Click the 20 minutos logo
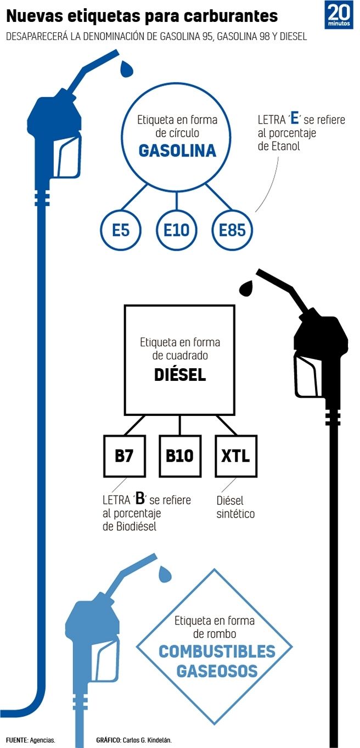tap(339, 15)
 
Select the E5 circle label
tap(120, 230)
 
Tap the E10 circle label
tap(176, 230)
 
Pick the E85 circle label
tap(232, 230)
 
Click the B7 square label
tap(125, 456)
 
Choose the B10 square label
tap(180, 456)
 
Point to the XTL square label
tap(235, 456)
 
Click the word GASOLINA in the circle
tap(177, 151)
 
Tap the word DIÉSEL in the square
tap(179, 375)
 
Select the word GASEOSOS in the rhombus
tap(217, 670)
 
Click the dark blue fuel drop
tap(127, 69)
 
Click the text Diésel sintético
tap(235, 508)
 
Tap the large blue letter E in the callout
tap(295, 119)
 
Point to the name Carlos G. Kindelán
tap(149, 740)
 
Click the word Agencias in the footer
tap(42, 740)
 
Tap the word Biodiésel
tap(137, 527)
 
